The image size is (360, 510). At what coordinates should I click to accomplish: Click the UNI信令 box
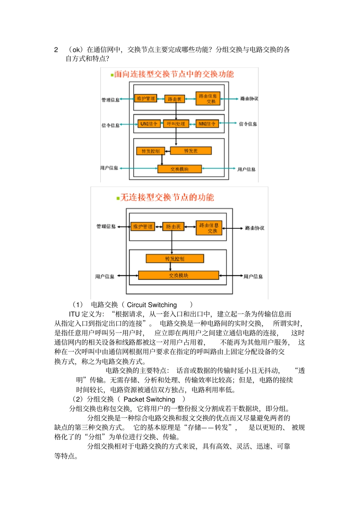(x=149, y=124)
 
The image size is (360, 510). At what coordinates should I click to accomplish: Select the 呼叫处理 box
(x=176, y=124)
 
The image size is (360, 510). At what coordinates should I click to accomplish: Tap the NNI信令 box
(x=207, y=124)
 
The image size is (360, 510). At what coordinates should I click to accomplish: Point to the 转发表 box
(x=191, y=151)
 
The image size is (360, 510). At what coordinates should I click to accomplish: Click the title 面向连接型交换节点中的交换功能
(x=174, y=74)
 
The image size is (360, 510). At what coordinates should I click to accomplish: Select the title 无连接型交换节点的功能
(x=167, y=197)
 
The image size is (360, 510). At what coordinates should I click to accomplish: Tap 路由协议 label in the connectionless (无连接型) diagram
(x=255, y=228)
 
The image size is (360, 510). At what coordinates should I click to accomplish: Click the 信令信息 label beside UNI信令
(x=110, y=126)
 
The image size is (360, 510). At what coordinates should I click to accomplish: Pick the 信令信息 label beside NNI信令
(x=248, y=124)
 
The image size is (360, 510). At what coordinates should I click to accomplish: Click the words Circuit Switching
(x=152, y=305)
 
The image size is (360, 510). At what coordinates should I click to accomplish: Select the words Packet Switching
(x=149, y=399)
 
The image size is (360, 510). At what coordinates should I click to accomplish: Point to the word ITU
(x=74, y=314)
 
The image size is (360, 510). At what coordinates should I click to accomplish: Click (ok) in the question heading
(x=76, y=50)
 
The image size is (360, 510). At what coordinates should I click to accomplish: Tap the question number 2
(x=56, y=50)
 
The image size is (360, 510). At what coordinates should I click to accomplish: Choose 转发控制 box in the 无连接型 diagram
(x=175, y=259)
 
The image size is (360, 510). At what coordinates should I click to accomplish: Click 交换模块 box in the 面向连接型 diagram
(x=179, y=169)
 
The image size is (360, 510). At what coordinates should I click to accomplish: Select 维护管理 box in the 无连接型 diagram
(x=142, y=227)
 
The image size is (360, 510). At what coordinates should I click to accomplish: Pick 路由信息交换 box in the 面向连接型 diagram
(x=208, y=99)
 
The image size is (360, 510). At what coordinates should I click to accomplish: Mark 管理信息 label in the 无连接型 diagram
(x=106, y=226)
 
